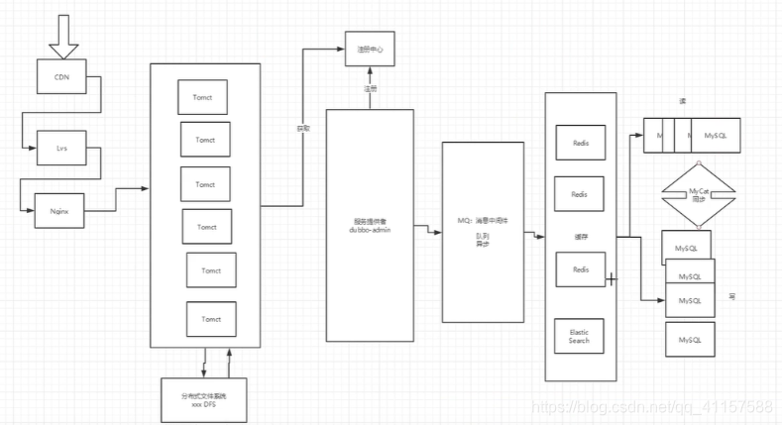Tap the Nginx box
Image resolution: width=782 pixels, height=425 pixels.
click(58, 210)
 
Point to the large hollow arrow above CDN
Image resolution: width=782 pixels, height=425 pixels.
click(61, 37)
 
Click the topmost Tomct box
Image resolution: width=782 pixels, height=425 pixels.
click(204, 97)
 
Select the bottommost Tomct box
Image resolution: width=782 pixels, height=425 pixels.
click(211, 319)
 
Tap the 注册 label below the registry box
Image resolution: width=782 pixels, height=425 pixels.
click(371, 88)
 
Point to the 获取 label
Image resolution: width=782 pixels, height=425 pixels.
click(304, 128)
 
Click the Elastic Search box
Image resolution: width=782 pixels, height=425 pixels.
click(580, 336)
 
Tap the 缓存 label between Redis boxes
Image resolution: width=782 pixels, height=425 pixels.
click(581, 237)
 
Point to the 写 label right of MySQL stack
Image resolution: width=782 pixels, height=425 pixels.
click(731, 295)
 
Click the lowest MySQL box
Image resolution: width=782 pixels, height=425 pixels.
click(690, 340)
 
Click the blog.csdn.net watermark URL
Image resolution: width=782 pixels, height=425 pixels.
click(652, 407)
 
